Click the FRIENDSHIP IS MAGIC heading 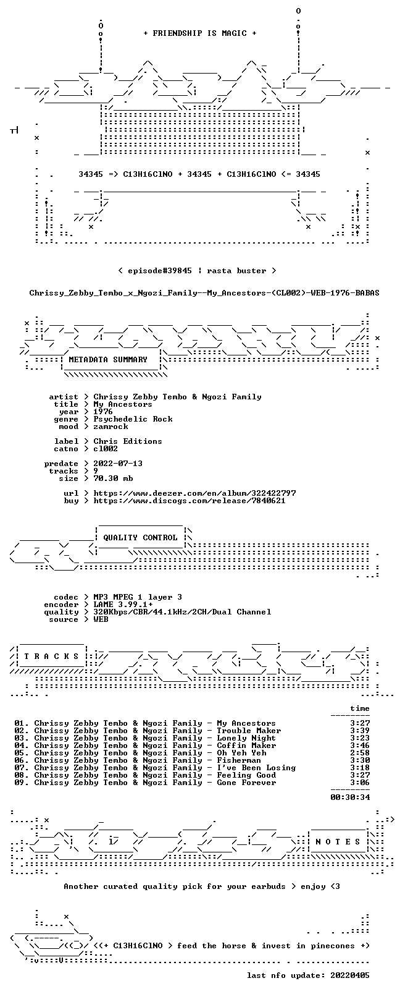tap(200, 33)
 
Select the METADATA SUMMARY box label tap(108, 359)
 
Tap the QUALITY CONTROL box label tap(140, 537)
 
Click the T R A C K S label tap(51, 656)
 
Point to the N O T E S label tap(338, 842)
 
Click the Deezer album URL tap(194, 493)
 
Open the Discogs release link tap(189, 501)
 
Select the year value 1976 tap(102, 411)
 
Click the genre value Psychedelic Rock tap(133, 419)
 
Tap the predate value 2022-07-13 tap(118, 463)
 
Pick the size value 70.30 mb tap(113, 478)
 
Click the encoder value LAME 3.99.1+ tap(123, 605)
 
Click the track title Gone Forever tap(246, 783)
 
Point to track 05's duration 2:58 tap(360, 752)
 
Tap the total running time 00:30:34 tap(350, 797)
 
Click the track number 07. tap(20, 768)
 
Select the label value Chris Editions tap(128, 441)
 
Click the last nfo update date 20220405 tap(350, 975)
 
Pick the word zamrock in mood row tap(110, 427)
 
